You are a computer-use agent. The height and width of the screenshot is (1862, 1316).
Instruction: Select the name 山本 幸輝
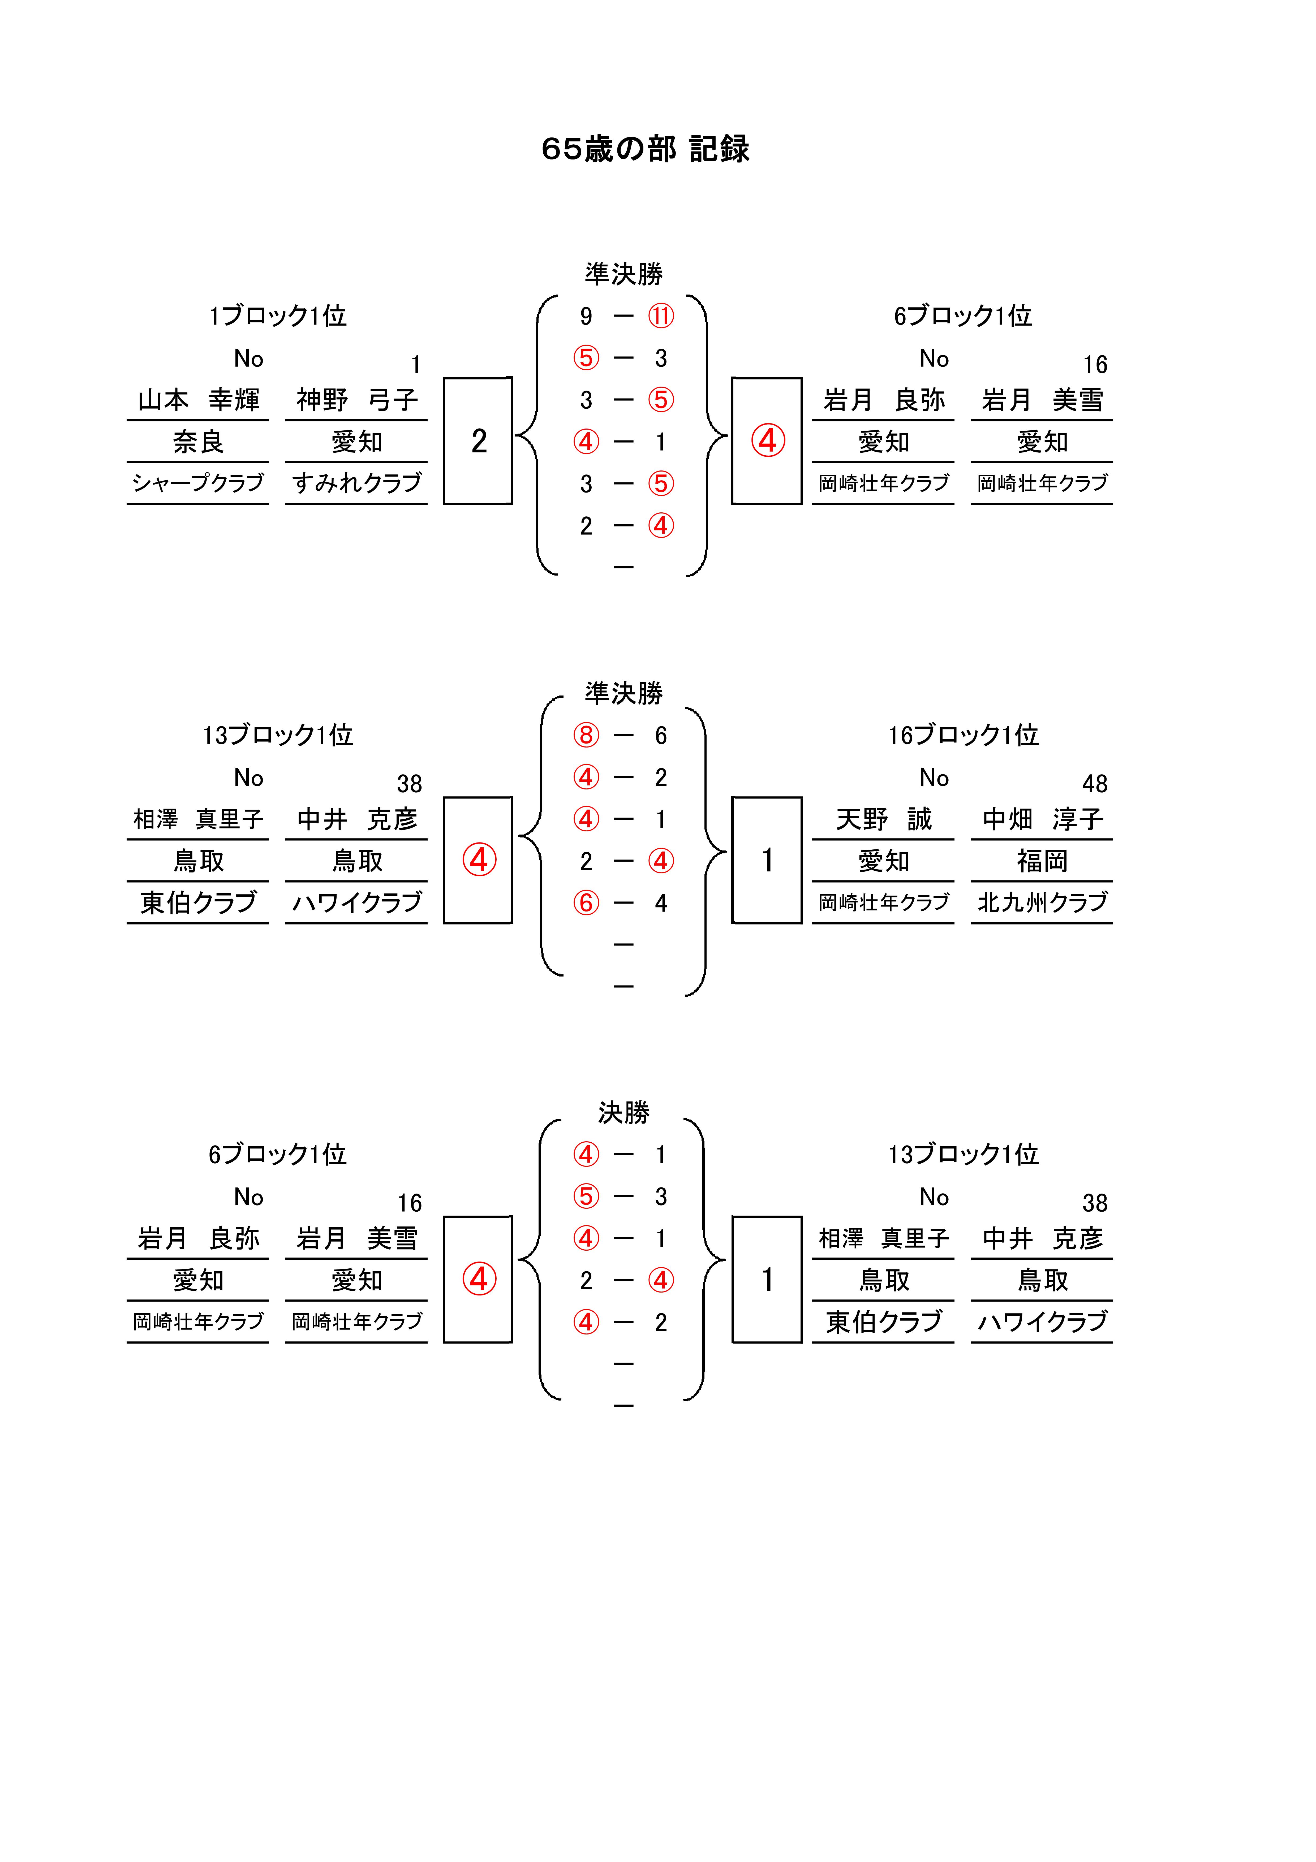coord(198,400)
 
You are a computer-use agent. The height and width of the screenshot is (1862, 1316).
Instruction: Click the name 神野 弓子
coord(357,400)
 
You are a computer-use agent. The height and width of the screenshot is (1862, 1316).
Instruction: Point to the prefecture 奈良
coord(198,442)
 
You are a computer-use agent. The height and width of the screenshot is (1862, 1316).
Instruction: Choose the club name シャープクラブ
coord(198,483)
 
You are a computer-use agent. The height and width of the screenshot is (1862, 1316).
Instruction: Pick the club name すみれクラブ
coord(357,483)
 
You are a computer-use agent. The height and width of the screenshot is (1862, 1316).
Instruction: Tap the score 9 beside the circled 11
coord(586,316)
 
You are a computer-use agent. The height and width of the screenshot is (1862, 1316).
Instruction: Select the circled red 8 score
coord(586,736)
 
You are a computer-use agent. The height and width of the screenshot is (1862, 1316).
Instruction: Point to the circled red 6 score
coord(586,903)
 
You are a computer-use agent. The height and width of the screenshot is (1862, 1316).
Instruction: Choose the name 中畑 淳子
coord(1043,819)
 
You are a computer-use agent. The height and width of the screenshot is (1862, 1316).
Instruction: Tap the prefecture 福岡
coord(1043,861)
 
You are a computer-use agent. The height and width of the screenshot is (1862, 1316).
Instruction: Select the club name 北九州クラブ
coord(1043,903)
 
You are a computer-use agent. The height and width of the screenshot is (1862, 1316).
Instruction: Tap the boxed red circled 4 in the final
coord(479,1279)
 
